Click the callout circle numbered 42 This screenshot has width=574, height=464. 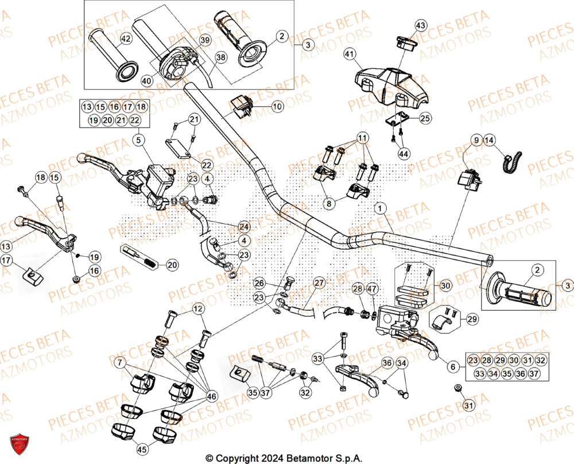click(125, 39)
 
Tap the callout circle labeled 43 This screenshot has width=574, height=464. click(421, 25)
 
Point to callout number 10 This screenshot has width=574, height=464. click(277, 106)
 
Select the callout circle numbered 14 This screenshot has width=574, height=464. click(488, 140)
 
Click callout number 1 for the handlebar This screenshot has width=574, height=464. click(378, 207)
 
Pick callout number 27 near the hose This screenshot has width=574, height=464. click(319, 283)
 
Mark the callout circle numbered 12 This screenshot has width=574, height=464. click(199, 310)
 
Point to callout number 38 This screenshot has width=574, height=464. click(221, 57)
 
